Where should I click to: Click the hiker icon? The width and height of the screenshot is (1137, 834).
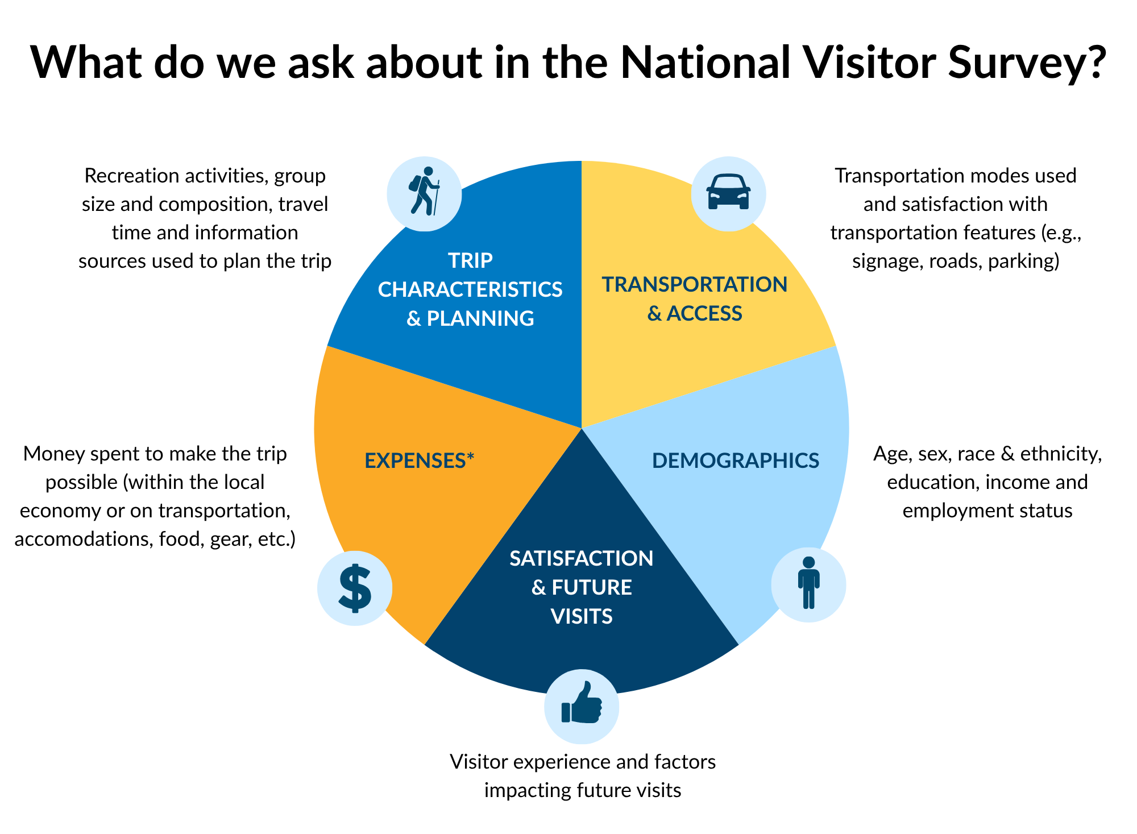pyautogui.click(x=424, y=191)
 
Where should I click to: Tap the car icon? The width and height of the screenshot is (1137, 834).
pyautogui.click(x=728, y=192)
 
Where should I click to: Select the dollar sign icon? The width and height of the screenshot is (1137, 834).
pyautogui.click(x=355, y=588)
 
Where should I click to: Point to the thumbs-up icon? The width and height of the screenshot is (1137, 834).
pyautogui.click(x=582, y=703)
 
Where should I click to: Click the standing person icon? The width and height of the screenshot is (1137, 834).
pyautogui.click(x=808, y=583)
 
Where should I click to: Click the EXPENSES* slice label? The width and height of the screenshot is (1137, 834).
pyautogui.click(x=419, y=460)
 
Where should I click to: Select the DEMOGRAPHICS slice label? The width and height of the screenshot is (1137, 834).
pyautogui.click(x=736, y=460)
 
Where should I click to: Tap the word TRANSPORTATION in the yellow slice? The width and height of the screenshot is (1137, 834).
pyautogui.click(x=695, y=284)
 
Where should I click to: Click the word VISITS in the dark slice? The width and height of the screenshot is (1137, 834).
pyautogui.click(x=582, y=616)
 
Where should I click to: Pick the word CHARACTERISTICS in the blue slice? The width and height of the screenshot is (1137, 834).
pyautogui.click(x=470, y=289)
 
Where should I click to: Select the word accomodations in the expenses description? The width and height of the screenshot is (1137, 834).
pyautogui.click(x=84, y=539)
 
